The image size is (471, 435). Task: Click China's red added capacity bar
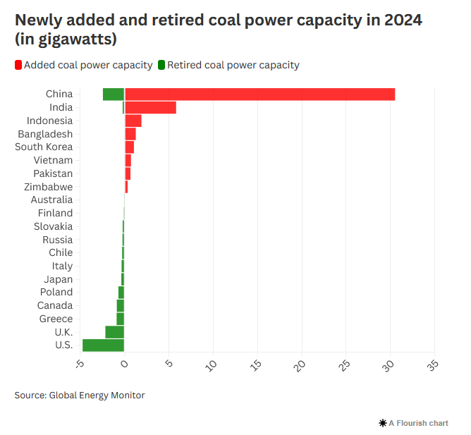(x=259, y=94)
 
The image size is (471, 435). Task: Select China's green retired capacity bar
(x=114, y=94)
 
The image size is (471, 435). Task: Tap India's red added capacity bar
(x=150, y=107)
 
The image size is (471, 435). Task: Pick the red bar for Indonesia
(x=133, y=121)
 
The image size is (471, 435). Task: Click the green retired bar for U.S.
(x=103, y=345)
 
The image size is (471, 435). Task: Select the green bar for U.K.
(x=114, y=332)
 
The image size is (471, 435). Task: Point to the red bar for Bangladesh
(x=130, y=134)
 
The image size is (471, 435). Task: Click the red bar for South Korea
(x=130, y=147)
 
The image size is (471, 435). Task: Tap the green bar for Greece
(x=121, y=319)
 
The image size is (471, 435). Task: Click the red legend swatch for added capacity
(x=18, y=66)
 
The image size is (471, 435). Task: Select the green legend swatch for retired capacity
(x=161, y=66)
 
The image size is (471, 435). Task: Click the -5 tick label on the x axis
(x=80, y=364)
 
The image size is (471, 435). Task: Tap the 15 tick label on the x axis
(x=255, y=364)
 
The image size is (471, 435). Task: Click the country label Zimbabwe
(x=48, y=187)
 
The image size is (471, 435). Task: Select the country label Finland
(x=55, y=213)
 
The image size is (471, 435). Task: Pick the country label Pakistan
(x=53, y=173)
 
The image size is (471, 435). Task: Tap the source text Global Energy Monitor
(x=97, y=395)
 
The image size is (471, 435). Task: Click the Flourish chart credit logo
(x=383, y=423)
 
